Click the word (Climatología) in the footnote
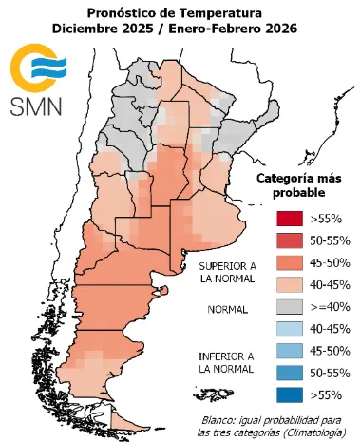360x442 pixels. [308, 433]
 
